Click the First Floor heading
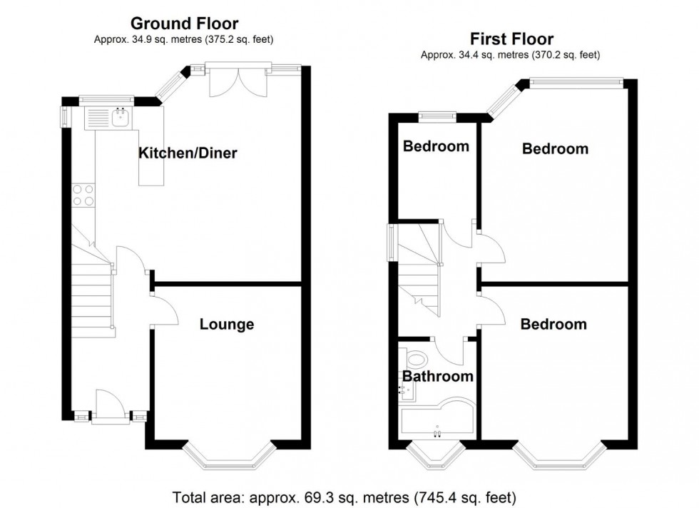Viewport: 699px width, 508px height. [511, 39]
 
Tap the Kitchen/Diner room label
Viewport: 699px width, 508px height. [188, 153]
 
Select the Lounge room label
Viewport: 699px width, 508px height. [226, 325]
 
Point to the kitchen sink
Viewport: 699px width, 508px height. [121, 118]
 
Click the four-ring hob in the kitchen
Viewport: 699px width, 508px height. [83, 195]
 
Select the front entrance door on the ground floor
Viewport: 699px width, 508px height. [110, 405]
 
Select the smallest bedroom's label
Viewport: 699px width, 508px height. [436, 146]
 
